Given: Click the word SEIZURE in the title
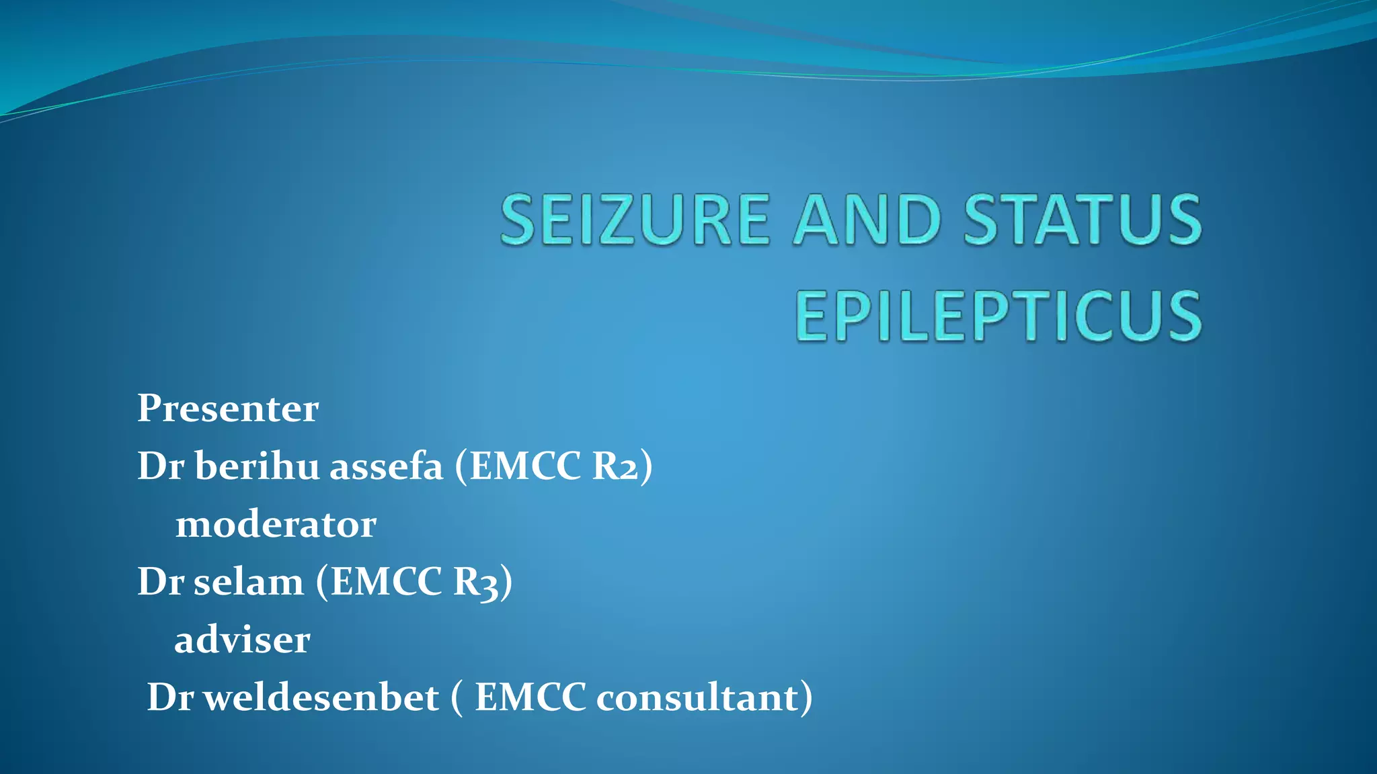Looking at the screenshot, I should pos(634,220).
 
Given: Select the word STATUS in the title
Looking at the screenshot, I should pos(1083,220).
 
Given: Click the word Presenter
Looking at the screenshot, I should pos(228,408).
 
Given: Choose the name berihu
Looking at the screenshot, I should pos(258,466).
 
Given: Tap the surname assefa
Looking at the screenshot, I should pos(386,466).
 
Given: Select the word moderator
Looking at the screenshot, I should pos(276,524).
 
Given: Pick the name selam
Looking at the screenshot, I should pos(248,582).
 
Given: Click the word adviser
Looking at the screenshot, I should pos(242,640).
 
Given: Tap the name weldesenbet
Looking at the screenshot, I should pos(321,697).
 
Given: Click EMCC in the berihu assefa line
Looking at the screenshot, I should pos(524,466).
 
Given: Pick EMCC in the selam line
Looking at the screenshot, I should pos(386,582).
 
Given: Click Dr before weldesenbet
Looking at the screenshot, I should pos(170,697).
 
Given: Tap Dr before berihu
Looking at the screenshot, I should pos(161,466).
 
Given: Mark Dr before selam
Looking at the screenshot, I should pos(161,582).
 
